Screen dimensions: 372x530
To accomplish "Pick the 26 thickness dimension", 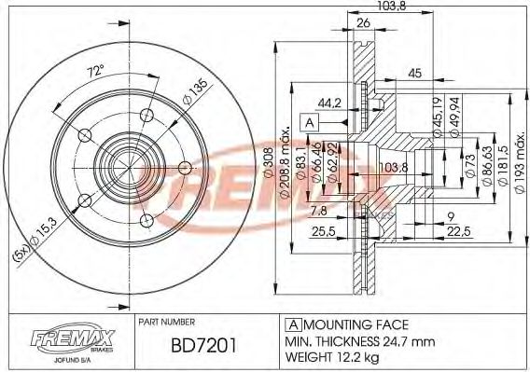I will [x=363, y=25].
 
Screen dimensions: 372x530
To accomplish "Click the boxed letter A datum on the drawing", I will [x=308, y=122].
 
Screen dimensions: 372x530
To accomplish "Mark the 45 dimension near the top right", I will [x=416, y=73].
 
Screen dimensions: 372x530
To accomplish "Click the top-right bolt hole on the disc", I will [x=146, y=115].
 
